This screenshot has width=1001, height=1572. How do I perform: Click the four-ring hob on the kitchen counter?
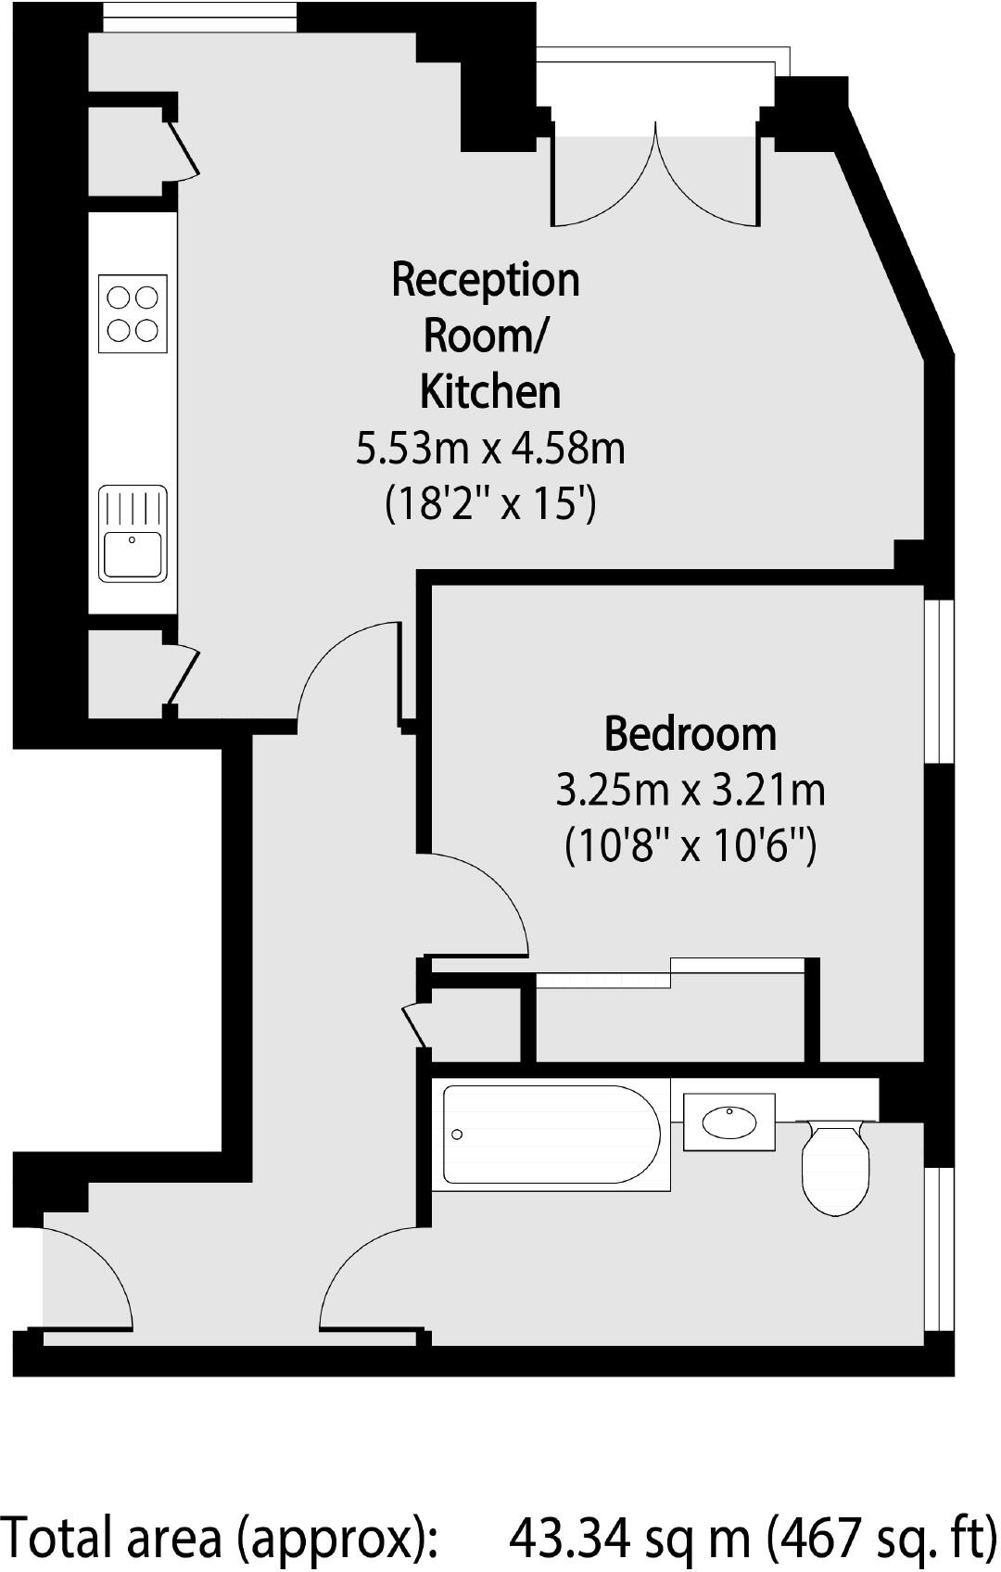tap(133, 314)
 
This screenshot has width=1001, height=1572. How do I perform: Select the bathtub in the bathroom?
tap(551, 1135)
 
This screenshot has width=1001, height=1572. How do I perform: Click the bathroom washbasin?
tap(729, 1122)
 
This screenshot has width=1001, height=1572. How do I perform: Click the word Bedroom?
tap(690, 734)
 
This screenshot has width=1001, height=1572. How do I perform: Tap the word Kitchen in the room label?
tap(490, 392)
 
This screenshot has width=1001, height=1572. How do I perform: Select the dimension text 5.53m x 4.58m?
tap(490, 450)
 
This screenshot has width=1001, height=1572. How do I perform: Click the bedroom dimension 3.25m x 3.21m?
tap(690, 791)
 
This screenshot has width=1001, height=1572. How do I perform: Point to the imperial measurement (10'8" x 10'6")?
tap(690, 846)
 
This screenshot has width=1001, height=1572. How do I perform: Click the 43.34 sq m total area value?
tap(630, 1538)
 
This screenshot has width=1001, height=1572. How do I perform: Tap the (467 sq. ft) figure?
tap(881, 1538)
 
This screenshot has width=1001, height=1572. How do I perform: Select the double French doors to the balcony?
tap(655, 181)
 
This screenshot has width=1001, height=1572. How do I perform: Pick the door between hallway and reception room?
tap(348, 672)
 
